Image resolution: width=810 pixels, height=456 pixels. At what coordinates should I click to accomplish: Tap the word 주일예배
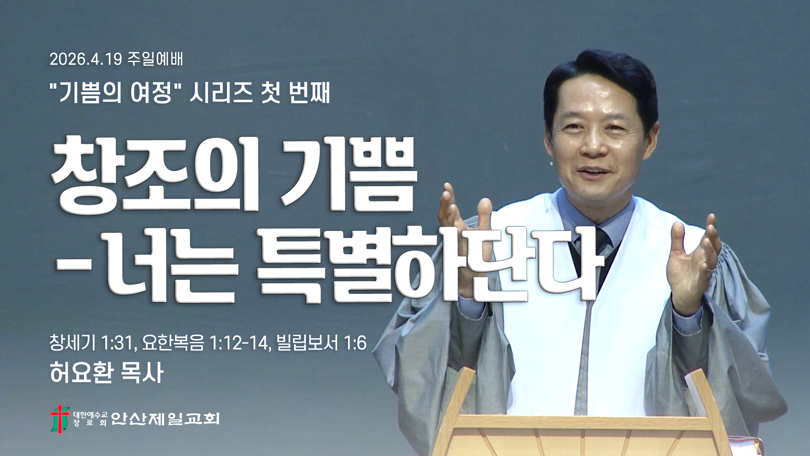tap(155, 59)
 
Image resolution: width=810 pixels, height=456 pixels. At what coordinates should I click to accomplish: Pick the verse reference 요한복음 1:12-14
tap(206, 342)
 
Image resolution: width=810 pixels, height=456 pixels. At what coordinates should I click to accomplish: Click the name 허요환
tap(82, 373)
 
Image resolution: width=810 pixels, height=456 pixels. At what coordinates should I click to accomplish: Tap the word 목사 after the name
tap(142, 373)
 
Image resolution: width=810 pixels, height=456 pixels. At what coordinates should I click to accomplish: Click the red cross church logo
tap(60, 418)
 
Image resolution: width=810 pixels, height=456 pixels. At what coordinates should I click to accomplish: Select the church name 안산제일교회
tap(165, 418)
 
